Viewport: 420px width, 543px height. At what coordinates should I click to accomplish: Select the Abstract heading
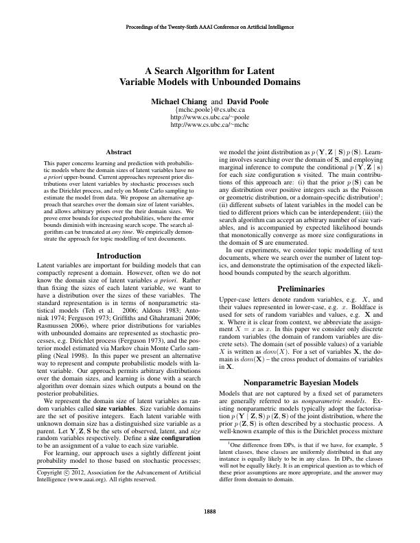pos(120,152)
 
